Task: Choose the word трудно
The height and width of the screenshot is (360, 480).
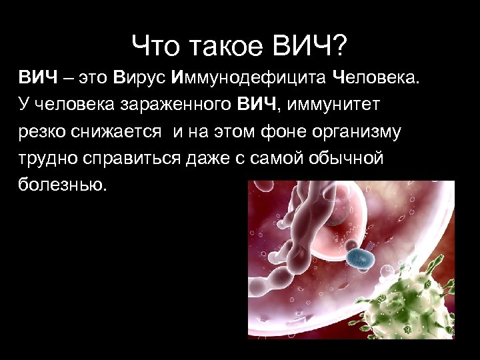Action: [49, 158]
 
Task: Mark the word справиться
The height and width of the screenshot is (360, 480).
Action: [138, 158]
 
